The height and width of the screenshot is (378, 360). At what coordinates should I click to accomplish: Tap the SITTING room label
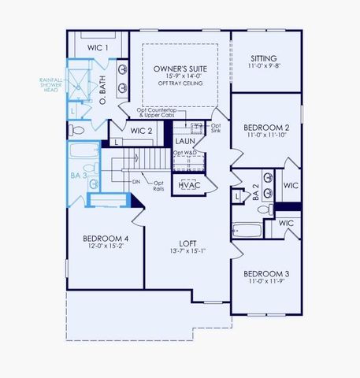pos(263,58)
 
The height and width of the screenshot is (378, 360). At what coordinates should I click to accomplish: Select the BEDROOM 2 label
pos(265,127)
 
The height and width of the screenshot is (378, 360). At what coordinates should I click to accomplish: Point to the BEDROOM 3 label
pos(265,273)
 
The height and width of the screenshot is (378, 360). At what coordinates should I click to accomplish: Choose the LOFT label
pos(187,243)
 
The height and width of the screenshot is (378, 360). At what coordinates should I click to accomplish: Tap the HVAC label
pos(188,185)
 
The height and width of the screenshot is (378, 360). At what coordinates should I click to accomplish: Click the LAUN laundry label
pos(186,140)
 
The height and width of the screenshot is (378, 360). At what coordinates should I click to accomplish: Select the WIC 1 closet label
pos(97,49)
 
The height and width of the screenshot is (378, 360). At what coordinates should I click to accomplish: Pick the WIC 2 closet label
pos(141,131)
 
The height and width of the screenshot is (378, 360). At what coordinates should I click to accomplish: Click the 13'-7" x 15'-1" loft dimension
pos(187,252)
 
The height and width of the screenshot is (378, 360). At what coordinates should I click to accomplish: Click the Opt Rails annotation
pos(159,187)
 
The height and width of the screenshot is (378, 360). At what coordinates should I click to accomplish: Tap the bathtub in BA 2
pos(247,231)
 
